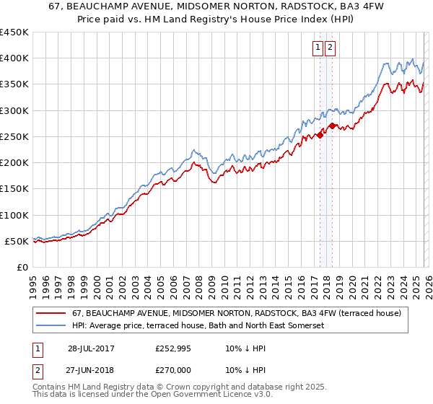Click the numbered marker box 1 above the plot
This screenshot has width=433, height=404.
coord(318,48)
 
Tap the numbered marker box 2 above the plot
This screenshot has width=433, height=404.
coord(331,48)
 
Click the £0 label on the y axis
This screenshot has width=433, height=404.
coord(22,267)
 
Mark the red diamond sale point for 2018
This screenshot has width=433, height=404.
coord(332,126)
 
